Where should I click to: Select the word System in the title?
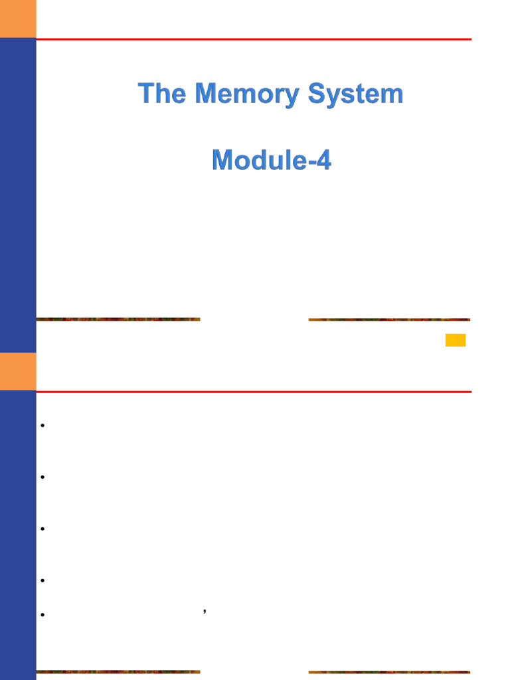355,94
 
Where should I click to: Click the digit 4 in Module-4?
323,160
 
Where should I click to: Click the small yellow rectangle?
455,340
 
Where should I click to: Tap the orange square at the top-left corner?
18,19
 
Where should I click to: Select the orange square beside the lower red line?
18,371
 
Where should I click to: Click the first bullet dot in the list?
42,426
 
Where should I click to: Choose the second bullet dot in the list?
42,477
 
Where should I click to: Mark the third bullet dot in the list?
42,529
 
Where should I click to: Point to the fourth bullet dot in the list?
42,580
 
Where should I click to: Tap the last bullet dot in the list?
42,615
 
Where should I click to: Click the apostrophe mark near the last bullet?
205,610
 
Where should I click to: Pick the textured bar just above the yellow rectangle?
389,319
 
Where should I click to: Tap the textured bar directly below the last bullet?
118,672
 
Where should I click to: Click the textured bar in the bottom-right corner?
389,672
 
